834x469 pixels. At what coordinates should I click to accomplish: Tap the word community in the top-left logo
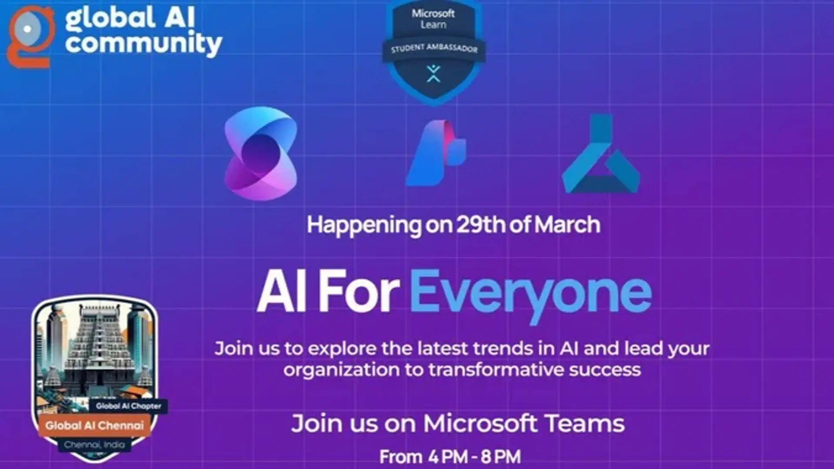pos(143,44)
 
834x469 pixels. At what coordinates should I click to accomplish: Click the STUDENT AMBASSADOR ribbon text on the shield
pos(434,48)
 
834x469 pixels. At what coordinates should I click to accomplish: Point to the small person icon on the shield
pos(433,73)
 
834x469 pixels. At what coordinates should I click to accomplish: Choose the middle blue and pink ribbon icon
pos(436,153)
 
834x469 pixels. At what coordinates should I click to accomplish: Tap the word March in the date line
pos(567,225)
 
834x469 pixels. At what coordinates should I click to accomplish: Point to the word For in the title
pos(359,291)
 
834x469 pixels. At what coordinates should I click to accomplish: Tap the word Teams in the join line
pos(584,423)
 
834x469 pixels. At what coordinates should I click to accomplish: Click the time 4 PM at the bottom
pos(447,457)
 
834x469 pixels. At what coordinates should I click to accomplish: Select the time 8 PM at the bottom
pos(501,457)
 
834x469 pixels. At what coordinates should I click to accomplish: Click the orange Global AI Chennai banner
pos(95,426)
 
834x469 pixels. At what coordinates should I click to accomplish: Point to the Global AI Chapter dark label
pos(129,406)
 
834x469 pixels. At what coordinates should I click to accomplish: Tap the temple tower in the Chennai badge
pos(99,348)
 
